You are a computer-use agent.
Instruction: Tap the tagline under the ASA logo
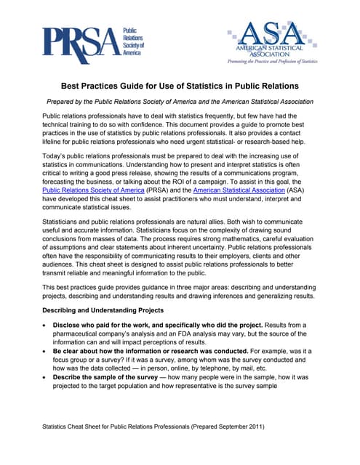(272, 62)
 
